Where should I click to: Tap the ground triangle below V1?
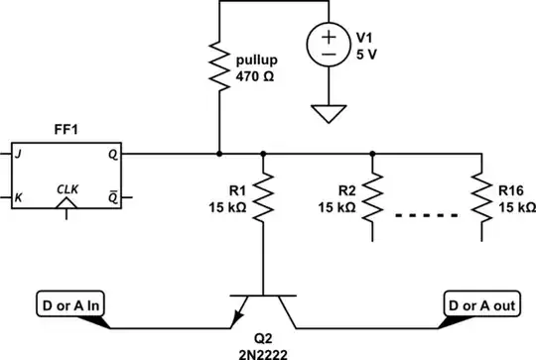pyautogui.click(x=328, y=114)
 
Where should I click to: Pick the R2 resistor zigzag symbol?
pyautogui.click(x=372, y=198)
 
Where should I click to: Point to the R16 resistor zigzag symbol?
pyautogui.click(x=481, y=198)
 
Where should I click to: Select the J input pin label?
pyautogui.click(x=20, y=156)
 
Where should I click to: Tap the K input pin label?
pyautogui.click(x=20, y=197)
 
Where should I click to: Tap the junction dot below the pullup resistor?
pyautogui.click(x=219, y=155)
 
